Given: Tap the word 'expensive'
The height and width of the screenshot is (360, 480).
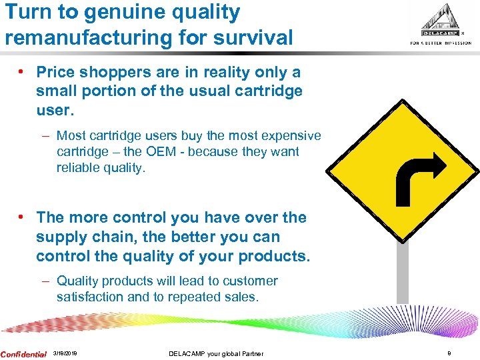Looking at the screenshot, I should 291,135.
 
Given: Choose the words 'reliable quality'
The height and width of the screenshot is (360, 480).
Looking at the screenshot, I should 100,167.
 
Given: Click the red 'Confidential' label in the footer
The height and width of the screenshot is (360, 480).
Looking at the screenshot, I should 23,354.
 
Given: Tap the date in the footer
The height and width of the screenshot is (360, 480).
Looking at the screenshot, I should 65,354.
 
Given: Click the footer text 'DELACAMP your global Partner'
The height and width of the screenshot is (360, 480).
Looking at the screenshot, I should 216,354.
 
